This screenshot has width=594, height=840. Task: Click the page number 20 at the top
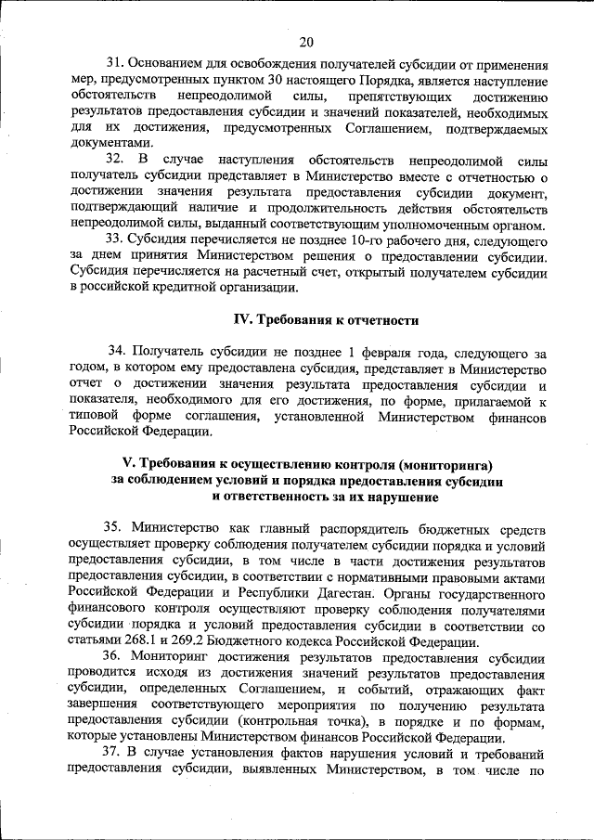click(x=307, y=41)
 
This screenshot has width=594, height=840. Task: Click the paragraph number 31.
click(x=116, y=64)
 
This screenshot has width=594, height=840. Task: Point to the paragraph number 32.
click(x=117, y=161)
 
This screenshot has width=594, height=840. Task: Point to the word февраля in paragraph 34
click(x=377, y=352)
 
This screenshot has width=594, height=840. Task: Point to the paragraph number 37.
click(x=116, y=752)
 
